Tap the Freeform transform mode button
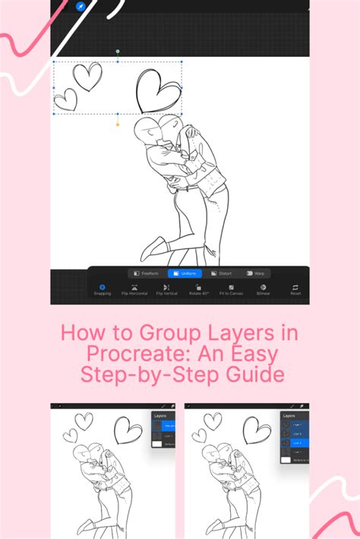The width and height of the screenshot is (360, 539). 146,273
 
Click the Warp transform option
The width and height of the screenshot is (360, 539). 256,273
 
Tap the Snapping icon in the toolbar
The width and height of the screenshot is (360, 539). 102,289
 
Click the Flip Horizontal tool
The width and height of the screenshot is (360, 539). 134,289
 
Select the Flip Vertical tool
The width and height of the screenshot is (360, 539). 166,289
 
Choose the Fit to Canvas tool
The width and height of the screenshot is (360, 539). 231,289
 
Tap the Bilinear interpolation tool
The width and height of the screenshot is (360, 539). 263,289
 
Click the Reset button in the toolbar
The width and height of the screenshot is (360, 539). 295,289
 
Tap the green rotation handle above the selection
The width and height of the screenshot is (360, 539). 118,52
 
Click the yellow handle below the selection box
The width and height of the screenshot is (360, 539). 118,124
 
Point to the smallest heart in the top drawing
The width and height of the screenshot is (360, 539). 66,99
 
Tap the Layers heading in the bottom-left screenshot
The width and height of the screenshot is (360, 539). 159,417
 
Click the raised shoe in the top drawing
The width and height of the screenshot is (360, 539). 152,247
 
